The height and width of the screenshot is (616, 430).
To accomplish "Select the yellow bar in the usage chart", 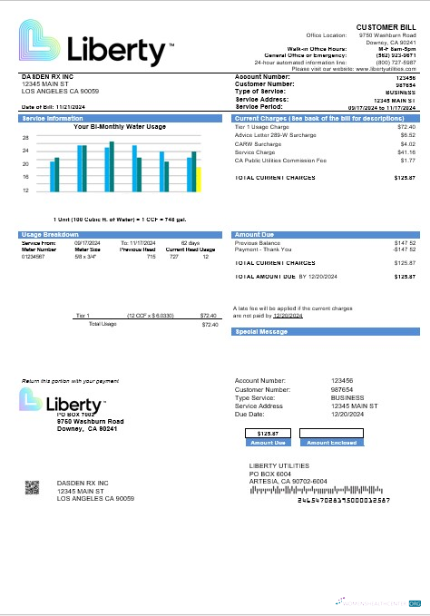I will [200, 180].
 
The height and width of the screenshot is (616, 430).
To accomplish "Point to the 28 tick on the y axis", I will [26, 138].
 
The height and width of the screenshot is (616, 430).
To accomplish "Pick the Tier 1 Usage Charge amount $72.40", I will [406, 127].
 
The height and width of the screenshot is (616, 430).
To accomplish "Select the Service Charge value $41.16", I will [406, 152].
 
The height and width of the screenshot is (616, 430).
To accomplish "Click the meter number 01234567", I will [34, 256].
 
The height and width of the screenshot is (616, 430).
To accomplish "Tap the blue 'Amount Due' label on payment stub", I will [268, 443].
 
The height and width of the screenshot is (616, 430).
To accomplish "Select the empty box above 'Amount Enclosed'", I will [331, 433].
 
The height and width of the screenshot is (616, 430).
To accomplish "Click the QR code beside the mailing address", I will [33, 487].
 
